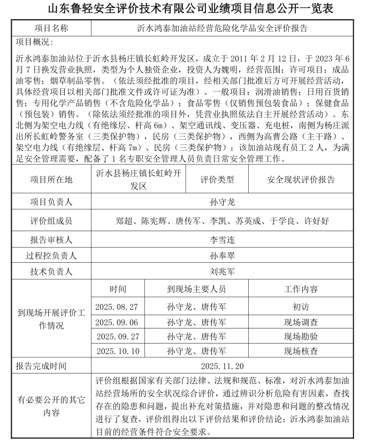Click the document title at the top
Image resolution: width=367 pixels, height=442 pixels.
[183, 9]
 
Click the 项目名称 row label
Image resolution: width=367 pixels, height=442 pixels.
[51, 28]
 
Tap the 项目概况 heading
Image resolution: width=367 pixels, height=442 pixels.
[35, 42]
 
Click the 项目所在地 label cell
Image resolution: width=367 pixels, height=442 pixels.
[51, 179]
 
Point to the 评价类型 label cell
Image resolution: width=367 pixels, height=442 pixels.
[217, 179]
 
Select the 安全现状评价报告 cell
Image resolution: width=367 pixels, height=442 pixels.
[301, 179]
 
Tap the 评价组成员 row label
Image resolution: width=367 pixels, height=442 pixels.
[51, 220]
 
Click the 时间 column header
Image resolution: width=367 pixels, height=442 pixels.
[118, 289]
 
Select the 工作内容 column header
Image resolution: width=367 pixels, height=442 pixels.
[301, 289]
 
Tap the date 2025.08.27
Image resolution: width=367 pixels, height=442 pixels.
[117, 307]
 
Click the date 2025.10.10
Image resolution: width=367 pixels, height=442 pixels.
[117, 351]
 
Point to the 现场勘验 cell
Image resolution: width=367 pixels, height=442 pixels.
[301, 337]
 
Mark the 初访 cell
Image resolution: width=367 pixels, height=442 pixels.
[301, 307]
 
